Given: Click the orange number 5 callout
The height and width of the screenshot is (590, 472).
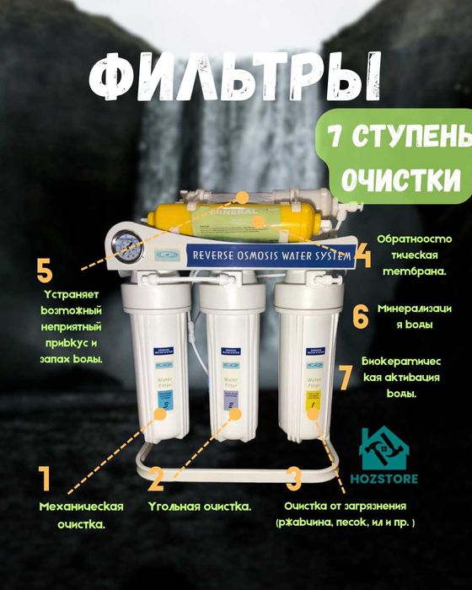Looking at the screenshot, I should (45, 271).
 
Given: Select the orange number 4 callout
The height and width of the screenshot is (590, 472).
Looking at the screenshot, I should (363, 254).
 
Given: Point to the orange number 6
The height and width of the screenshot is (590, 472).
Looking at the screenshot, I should (360, 317).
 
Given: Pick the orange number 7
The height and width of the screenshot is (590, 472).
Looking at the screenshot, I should (345, 377).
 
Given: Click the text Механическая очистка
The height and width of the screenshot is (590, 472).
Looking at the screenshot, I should (82, 514).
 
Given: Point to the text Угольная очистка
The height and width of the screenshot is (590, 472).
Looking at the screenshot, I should (199, 507).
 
